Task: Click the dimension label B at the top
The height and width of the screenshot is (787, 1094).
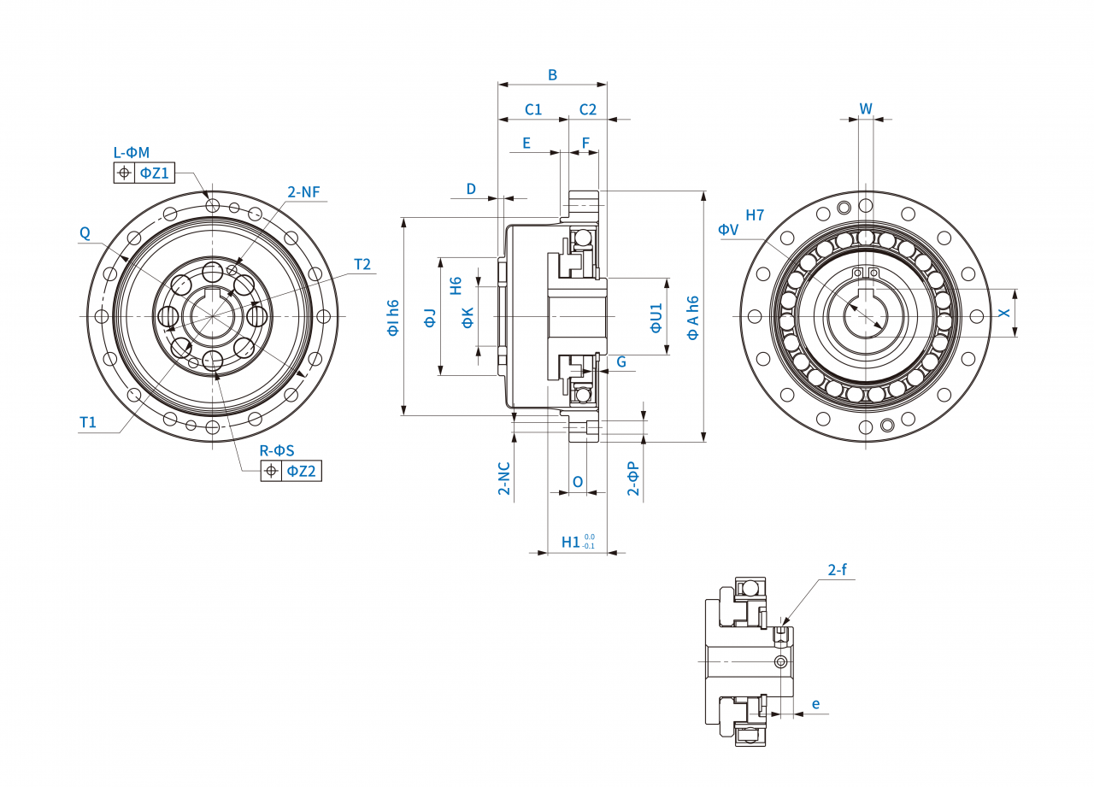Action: (552, 75)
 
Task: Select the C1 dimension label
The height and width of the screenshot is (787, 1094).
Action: (532, 109)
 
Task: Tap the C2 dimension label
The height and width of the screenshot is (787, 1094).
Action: (588, 109)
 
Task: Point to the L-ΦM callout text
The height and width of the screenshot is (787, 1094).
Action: (132, 153)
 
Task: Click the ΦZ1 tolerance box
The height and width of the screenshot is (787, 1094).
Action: (155, 173)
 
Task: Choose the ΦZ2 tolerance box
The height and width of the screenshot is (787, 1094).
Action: (301, 471)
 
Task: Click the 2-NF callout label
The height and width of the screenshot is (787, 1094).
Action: (303, 192)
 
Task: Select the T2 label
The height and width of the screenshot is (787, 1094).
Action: (362, 265)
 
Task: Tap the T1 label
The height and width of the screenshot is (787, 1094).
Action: (88, 422)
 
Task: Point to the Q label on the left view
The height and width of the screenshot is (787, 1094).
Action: (85, 232)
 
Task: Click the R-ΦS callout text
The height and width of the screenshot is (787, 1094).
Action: (277, 450)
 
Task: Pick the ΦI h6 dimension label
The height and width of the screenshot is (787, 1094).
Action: (394, 317)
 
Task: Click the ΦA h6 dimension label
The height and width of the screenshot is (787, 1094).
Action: (693, 317)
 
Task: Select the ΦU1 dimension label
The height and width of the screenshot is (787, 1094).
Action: (656, 317)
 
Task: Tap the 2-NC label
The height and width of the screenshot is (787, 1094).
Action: (504, 479)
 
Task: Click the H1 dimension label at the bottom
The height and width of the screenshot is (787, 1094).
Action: (571, 543)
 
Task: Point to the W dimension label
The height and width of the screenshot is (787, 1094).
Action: (866, 109)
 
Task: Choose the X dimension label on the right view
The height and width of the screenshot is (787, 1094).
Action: (1005, 313)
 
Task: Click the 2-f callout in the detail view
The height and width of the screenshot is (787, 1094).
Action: (837, 570)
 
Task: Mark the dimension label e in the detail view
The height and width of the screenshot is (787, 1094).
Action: (816, 704)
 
